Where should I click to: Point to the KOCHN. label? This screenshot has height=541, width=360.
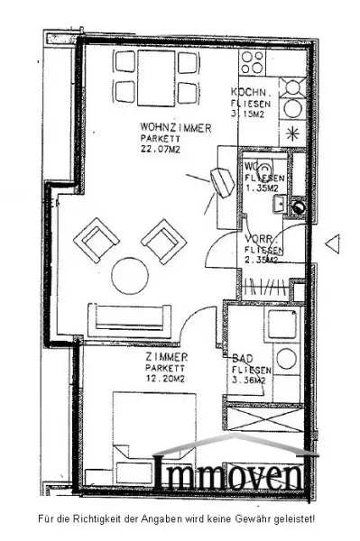tap(248, 93)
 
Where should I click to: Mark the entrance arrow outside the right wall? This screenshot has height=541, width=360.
tap(331, 242)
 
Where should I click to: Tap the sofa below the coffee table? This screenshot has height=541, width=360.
tap(128, 315)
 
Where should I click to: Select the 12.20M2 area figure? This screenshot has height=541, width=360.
tap(163, 379)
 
